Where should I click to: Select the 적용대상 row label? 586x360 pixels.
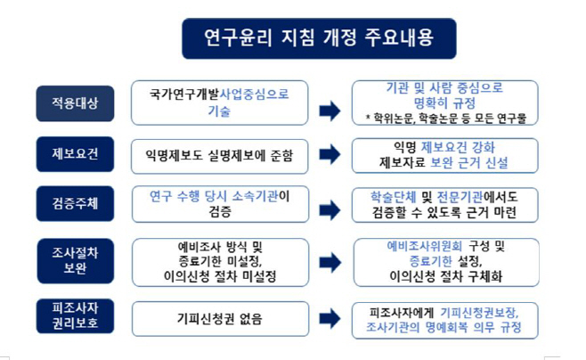[75, 102]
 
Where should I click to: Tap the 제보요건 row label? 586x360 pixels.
[75, 152]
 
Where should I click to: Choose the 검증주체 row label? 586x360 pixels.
[75, 203]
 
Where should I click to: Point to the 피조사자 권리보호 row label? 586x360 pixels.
[75, 315]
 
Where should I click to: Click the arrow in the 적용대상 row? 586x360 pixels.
[330, 110]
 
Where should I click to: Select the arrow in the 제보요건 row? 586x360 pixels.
[330, 156]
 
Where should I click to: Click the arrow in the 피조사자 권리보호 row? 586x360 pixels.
[330, 316]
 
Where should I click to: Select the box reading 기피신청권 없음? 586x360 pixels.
[219, 316]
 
